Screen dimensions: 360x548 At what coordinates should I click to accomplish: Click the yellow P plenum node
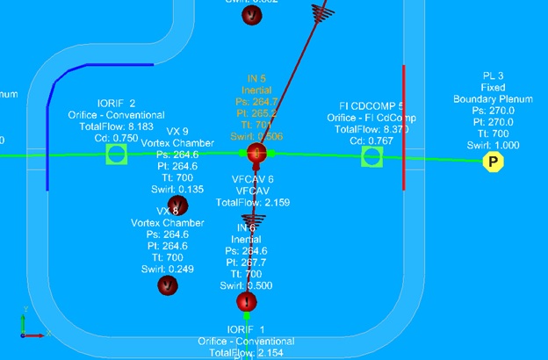(x=494, y=162)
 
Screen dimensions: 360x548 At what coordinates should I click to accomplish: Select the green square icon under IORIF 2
(x=116, y=155)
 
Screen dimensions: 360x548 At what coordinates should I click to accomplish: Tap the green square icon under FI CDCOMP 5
(x=371, y=155)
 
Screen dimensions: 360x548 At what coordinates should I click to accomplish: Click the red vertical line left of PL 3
(x=403, y=127)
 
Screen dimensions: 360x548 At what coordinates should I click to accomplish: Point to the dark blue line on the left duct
(x=49, y=132)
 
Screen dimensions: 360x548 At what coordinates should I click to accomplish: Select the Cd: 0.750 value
(x=116, y=138)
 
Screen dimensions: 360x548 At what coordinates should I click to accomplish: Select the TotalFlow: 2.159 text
(x=253, y=202)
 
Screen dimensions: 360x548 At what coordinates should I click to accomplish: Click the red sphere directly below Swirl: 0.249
(x=167, y=284)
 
